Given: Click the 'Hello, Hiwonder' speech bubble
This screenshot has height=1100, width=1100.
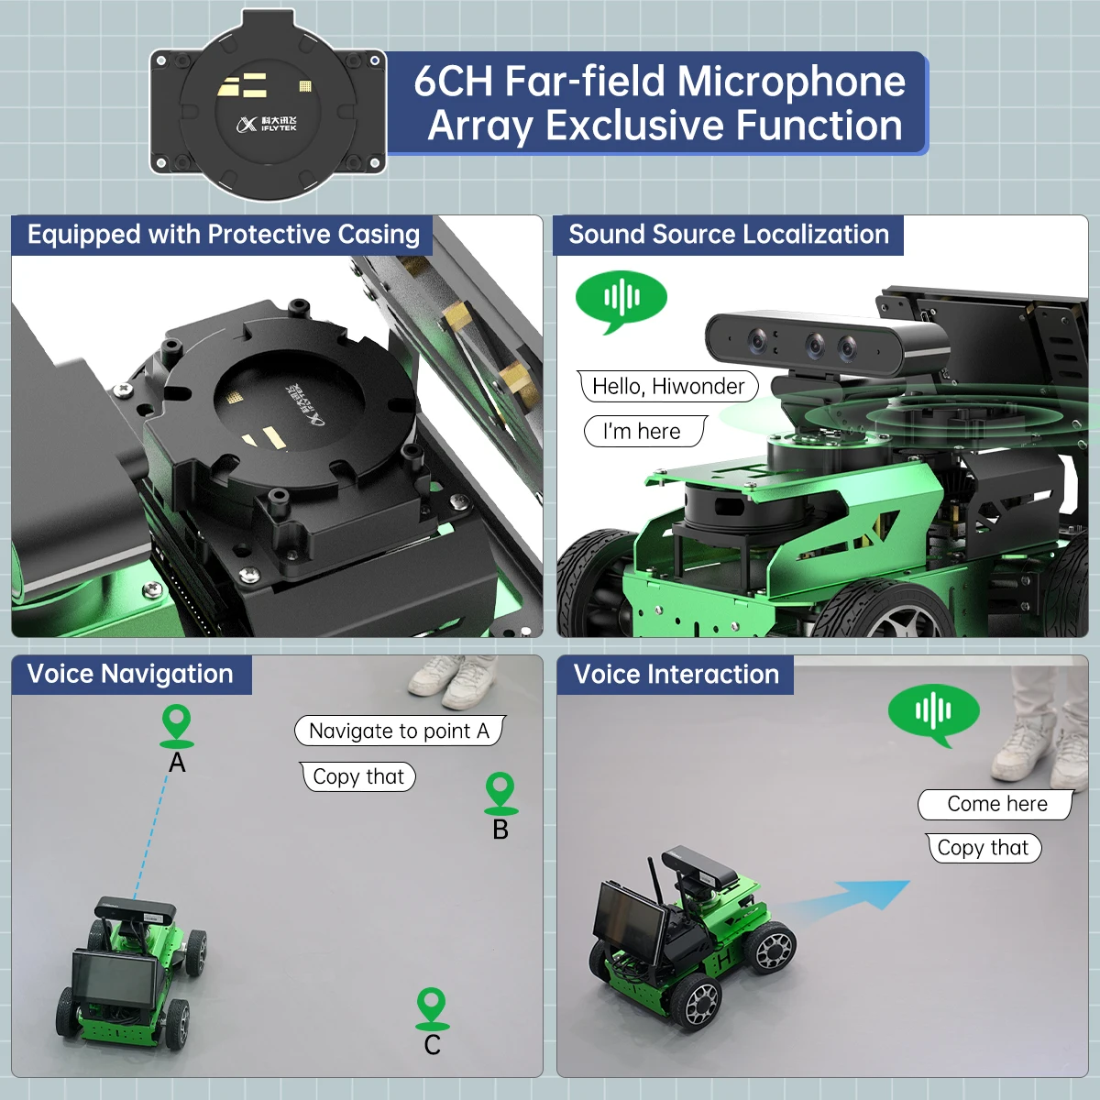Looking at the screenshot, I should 668,386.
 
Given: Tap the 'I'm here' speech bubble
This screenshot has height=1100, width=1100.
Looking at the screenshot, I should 644,431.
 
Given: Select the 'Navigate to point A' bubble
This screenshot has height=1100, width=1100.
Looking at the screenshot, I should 399,731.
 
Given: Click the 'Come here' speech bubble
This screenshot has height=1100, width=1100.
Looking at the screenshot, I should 996,804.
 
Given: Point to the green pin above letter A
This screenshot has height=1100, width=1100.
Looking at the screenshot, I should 176,724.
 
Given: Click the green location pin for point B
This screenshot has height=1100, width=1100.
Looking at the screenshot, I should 500,791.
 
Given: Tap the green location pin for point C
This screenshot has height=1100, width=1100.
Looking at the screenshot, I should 432,1006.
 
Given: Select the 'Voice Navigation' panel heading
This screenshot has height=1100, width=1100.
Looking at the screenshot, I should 130,674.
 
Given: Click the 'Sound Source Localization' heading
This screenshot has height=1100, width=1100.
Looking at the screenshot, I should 729,235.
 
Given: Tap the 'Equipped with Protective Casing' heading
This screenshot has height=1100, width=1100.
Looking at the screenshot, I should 223,235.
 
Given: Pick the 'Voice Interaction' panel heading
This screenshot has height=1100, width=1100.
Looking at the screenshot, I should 676,675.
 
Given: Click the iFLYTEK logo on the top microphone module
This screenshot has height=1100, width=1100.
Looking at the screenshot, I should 267,124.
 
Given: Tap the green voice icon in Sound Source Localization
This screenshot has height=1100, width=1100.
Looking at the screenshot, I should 621,298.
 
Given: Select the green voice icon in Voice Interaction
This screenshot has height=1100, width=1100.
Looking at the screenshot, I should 933,711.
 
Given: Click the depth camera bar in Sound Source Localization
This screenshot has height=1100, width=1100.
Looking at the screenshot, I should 825,344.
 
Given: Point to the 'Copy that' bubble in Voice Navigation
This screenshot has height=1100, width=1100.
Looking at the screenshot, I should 357,776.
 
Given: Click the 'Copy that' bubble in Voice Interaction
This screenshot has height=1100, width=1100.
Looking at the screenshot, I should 983,848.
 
